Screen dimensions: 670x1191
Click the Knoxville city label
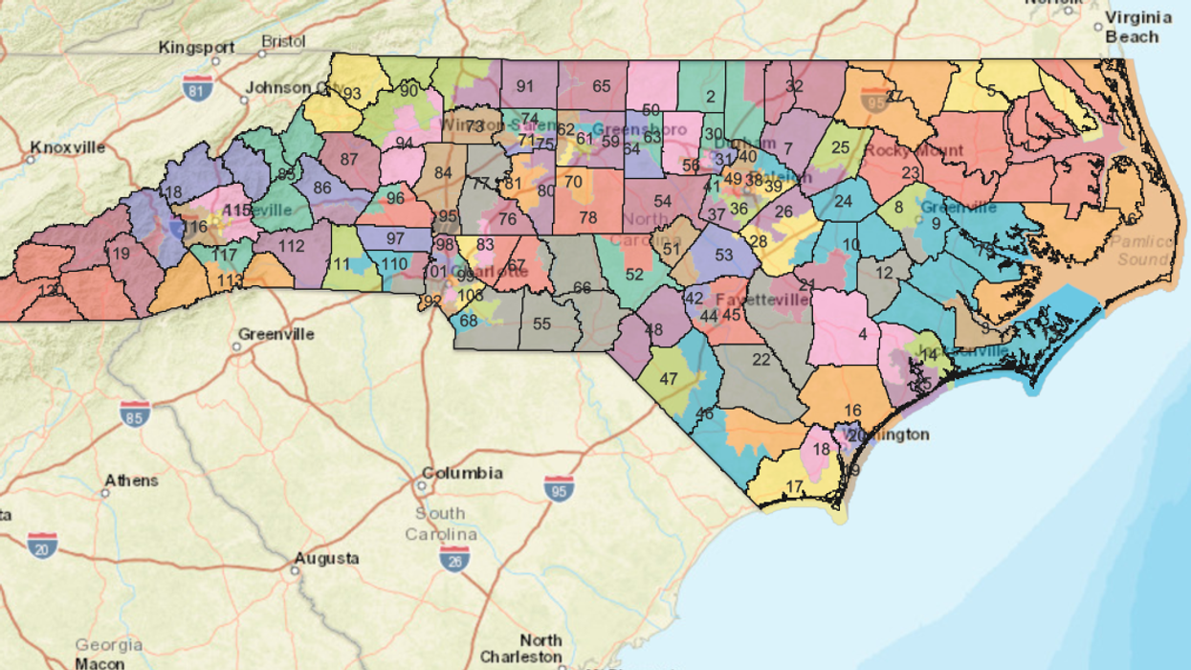pos(67,147)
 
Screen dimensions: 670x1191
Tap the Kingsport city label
pos(196,47)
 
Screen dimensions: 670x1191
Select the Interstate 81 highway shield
pos(198,87)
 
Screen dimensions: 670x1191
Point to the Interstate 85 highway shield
pos(135,413)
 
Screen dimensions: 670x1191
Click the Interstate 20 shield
pos(42,545)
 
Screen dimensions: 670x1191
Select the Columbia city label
pos(462,473)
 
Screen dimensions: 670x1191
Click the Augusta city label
pos(326,558)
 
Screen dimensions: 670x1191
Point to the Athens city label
pos(131,480)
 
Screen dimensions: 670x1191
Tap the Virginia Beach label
pos(1138,27)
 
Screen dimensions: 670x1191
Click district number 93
pos(352,94)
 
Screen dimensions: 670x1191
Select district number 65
pos(601,86)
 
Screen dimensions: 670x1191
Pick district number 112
pos(292,245)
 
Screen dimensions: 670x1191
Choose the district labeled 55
pos(542,324)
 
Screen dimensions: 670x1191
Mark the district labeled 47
pos(669,379)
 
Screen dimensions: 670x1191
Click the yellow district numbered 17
pos(793,487)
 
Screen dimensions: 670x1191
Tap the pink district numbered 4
pos(863,335)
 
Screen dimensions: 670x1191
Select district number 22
pos(761,360)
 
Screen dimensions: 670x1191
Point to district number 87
pos(348,159)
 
